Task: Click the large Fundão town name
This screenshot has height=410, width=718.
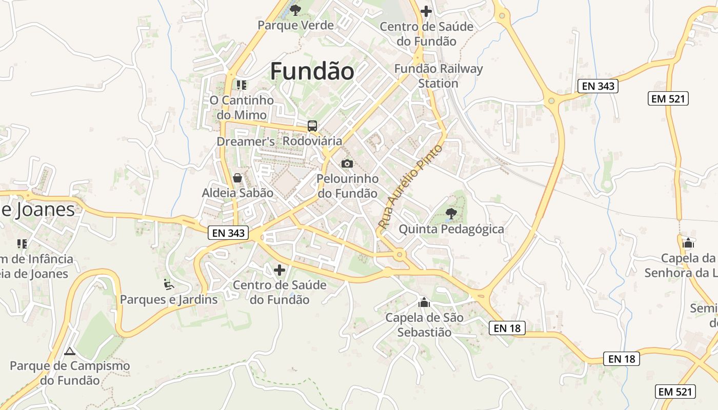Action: [x=312, y=71]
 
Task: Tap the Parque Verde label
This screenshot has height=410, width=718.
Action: [x=295, y=25]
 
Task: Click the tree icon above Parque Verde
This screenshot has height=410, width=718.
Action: [x=295, y=10]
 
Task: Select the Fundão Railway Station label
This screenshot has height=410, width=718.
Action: [x=438, y=76]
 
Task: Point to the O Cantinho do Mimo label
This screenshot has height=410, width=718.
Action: [x=242, y=107]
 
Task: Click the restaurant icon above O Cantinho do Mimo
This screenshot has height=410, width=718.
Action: [x=242, y=85]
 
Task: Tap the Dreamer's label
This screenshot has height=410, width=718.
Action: [x=246, y=141]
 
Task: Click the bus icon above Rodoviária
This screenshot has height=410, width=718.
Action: [x=312, y=126]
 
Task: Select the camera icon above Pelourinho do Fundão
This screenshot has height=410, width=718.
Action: [x=347, y=163]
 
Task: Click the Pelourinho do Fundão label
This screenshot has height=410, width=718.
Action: [x=348, y=186]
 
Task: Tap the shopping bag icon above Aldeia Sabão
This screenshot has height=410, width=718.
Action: [x=237, y=178]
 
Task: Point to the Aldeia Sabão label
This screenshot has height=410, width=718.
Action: [x=237, y=193]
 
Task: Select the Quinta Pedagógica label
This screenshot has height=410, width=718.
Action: [x=451, y=229]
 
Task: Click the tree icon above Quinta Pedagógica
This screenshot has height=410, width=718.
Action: [x=451, y=213]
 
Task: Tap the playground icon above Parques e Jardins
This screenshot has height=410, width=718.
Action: [x=169, y=283]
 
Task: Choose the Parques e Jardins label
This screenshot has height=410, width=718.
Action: [x=169, y=299]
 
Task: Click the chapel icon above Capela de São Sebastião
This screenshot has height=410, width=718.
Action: [x=424, y=302]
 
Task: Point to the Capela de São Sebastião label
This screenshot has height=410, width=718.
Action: [x=424, y=325]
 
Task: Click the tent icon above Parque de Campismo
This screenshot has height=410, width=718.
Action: [x=70, y=351]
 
